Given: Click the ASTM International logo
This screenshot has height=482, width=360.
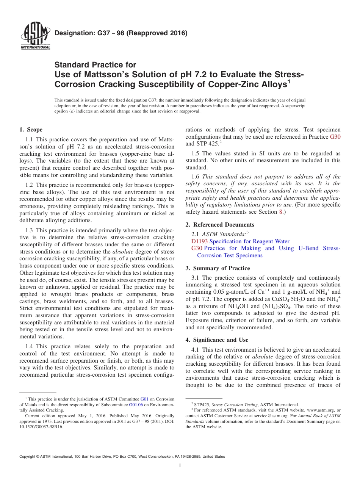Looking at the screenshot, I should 35,36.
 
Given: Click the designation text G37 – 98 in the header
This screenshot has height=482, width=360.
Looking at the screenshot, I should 121,33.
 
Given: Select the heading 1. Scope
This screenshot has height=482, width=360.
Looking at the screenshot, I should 31,130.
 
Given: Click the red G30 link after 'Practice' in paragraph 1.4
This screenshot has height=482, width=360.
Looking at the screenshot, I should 335,137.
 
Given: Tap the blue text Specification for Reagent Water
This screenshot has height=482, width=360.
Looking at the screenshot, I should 249,241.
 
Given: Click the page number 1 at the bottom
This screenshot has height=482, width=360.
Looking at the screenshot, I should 180,466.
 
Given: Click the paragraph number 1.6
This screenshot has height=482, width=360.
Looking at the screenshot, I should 195,176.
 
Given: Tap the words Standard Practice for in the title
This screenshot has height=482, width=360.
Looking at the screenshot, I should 95,65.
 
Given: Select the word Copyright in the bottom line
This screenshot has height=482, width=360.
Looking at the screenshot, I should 29,457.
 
